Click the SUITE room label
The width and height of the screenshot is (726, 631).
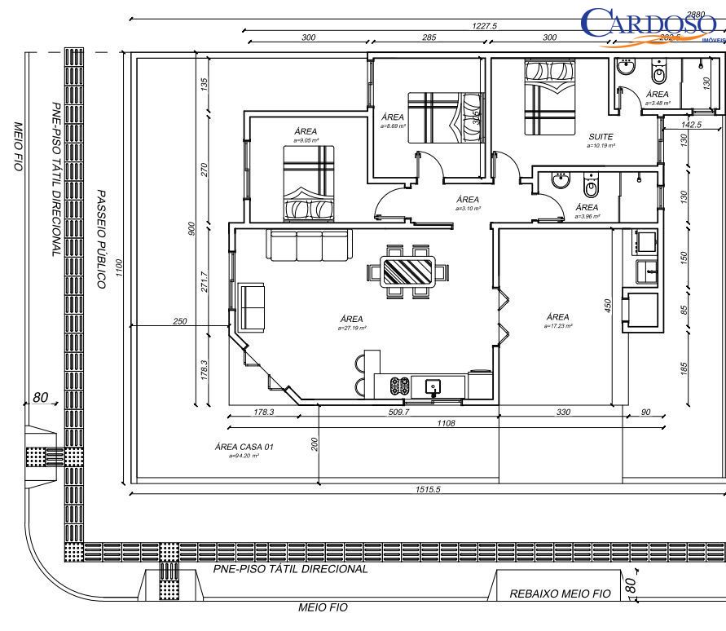(x=600, y=138)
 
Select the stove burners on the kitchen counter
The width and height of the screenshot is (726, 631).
(x=400, y=384)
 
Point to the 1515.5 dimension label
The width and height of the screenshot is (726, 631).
(x=427, y=489)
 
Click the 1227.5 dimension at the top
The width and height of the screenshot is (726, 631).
(x=486, y=26)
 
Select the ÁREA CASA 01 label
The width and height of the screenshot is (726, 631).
(x=244, y=447)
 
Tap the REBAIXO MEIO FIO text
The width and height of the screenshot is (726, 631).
(x=561, y=594)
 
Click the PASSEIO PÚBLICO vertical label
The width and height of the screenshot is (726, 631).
(x=101, y=240)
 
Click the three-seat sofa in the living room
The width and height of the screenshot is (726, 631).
(x=309, y=245)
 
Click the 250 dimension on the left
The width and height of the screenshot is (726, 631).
(x=180, y=321)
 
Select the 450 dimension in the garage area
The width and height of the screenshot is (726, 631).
(x=607, y=304)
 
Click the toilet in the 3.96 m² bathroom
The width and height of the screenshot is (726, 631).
(x=592, y=185)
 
